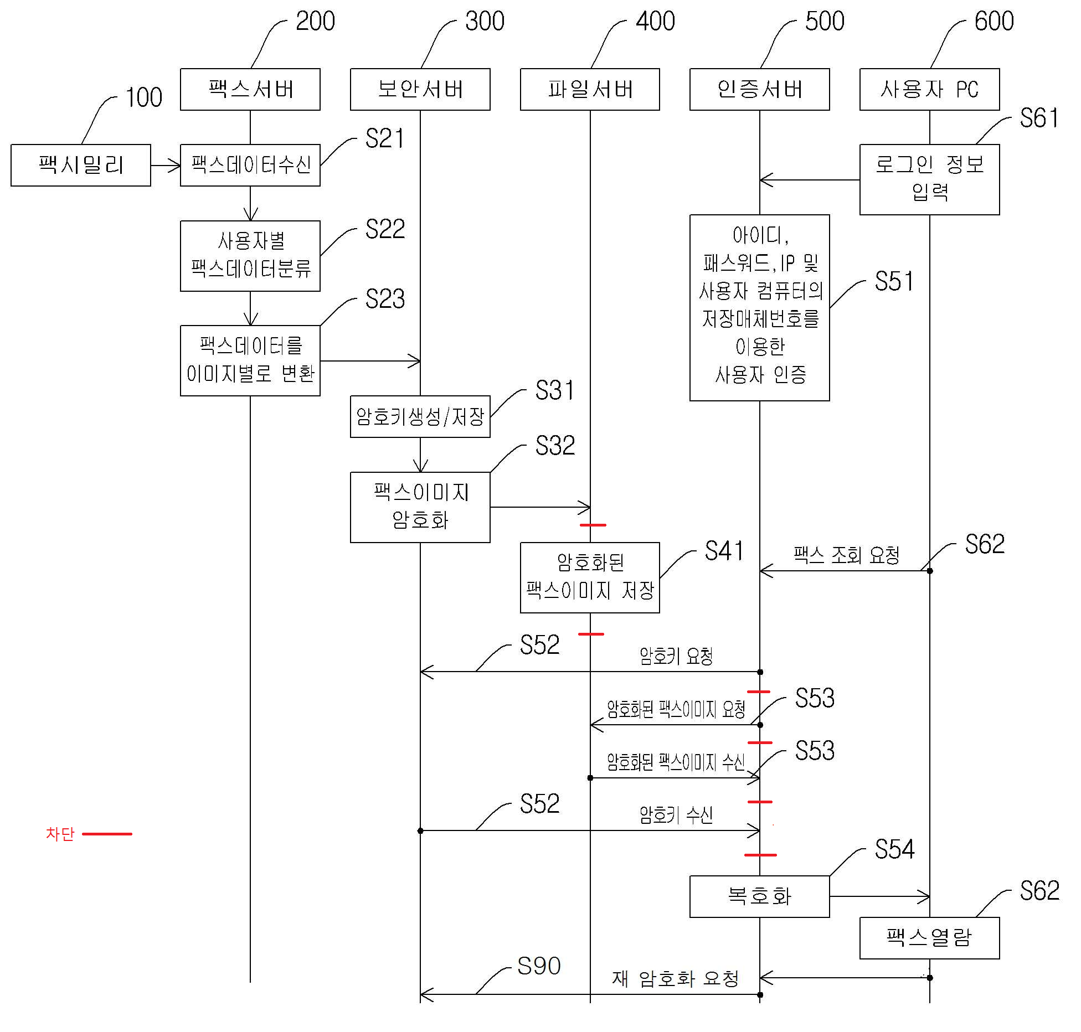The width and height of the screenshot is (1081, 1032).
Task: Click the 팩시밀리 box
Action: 81,165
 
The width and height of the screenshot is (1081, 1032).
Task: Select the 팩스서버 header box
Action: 250,89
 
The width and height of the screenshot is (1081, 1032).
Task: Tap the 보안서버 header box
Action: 420,89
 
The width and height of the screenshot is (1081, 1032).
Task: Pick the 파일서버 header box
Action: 590,89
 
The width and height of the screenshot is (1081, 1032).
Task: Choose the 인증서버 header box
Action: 759,89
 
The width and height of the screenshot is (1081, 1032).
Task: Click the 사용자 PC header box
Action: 929,89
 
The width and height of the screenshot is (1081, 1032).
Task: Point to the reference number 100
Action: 144,97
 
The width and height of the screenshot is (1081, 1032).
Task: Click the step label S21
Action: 385,138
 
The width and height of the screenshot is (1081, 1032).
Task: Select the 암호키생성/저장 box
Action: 420,416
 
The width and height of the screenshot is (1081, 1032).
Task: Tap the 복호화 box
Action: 759,896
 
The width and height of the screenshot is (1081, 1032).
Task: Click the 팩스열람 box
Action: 929,937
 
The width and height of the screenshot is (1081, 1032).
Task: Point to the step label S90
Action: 539,966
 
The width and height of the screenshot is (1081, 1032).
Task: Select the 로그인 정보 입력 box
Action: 929,179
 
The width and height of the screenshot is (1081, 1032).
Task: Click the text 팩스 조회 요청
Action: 846,555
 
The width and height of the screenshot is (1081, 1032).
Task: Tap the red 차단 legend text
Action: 60,833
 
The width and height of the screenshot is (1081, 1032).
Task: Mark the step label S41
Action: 724,551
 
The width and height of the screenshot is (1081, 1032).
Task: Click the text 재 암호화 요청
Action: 675,978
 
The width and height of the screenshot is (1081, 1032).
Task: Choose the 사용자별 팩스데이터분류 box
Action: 250,256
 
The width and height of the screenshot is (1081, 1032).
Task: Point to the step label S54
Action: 894,849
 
